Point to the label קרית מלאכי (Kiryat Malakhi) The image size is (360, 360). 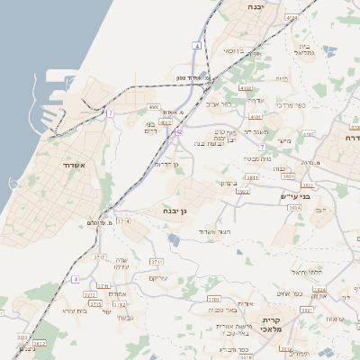pyautogui.click(x=274, y=325)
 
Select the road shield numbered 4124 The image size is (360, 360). pyautogui.click(x=289, y=17)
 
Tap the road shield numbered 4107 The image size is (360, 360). pyautogui.click(x=308, y=134)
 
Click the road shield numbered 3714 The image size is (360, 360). pyautogui.click(x=123, y=220)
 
